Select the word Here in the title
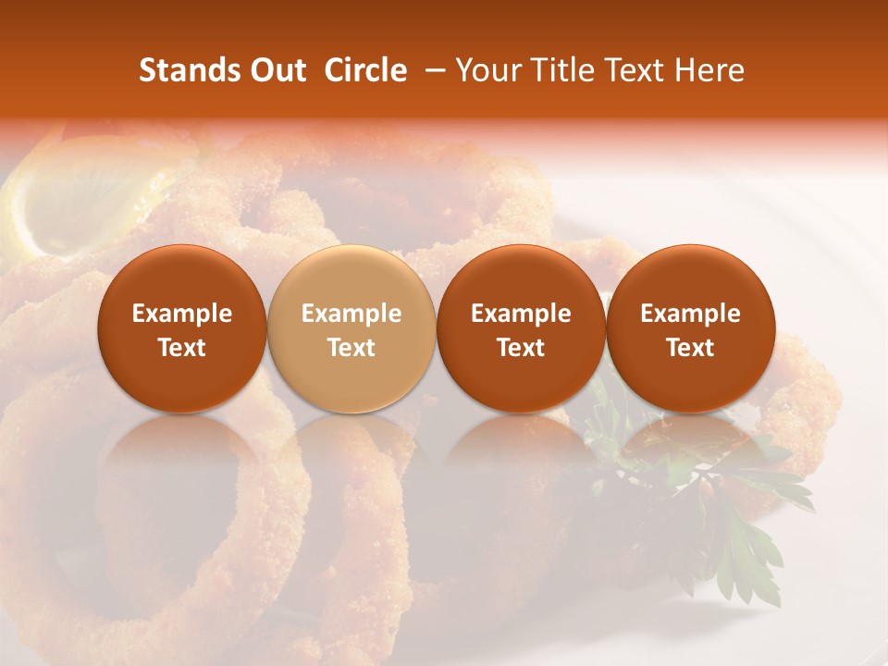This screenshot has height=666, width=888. coord(709,70)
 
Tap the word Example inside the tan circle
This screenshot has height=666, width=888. coord(351,314)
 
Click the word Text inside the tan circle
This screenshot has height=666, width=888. coord(351,348)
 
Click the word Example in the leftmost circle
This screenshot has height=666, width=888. coord(182,314)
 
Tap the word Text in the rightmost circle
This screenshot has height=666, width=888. coord(691,348)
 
